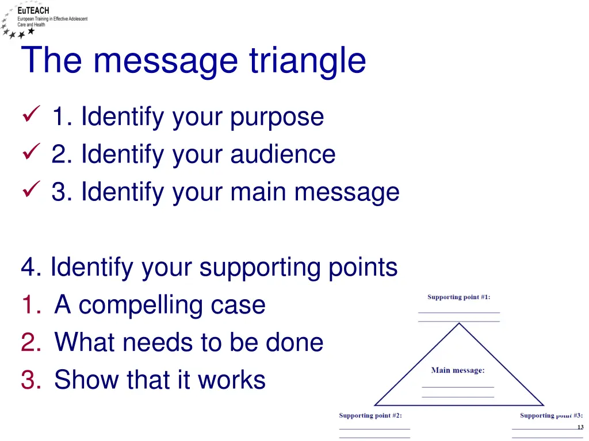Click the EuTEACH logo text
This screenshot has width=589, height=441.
point(33,10)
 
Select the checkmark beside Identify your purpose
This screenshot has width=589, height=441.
point(30,117)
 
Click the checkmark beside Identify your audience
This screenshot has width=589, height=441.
point(30,154)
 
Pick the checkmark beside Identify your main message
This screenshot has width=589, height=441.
point(30,191)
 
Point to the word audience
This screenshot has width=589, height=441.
point(283,154)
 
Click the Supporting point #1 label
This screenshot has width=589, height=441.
point(458,297)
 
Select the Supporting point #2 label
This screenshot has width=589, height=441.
point(370,415)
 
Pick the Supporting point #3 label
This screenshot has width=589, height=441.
point(551,415)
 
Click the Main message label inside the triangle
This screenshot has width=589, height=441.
point(458,370)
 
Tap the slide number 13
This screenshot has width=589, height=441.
point(580,427)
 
